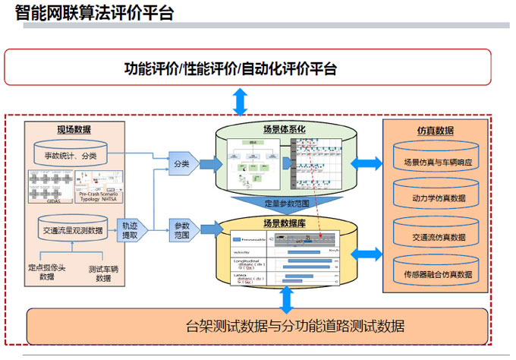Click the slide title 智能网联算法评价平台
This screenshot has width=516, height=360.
coord(94,13)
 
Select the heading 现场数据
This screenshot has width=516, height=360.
coord(74,129)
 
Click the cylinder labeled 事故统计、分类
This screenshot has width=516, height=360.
coord(73,156)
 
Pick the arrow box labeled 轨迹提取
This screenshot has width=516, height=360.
coord(131,230)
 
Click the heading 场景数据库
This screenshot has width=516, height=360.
coord(285,223)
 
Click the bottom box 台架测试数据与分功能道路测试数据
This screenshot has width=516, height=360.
coord(258,327)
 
